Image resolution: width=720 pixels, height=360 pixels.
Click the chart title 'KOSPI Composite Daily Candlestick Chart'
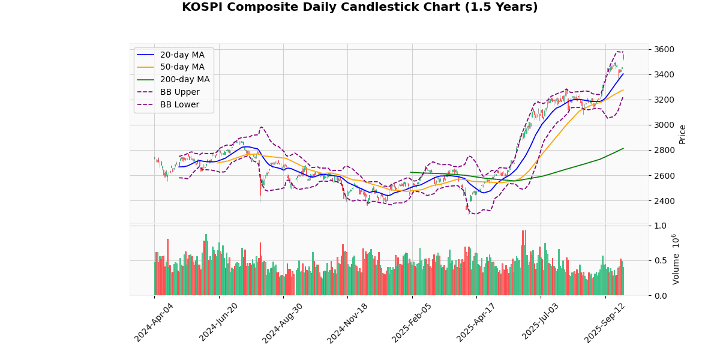(x=359, y=7)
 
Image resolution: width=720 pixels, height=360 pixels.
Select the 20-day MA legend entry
(x=182, y=55)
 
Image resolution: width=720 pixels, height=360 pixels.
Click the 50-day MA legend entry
(x=182, y=67)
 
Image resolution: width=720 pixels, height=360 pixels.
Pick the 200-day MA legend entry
(x=184, y=80)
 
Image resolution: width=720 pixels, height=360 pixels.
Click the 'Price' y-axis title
(x=682, y=134)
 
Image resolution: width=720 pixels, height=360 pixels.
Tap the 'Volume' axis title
(x=676, y=259)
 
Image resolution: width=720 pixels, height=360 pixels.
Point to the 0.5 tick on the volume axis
(x=660, y=260)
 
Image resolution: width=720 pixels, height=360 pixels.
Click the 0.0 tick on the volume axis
(x=660, y=295)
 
